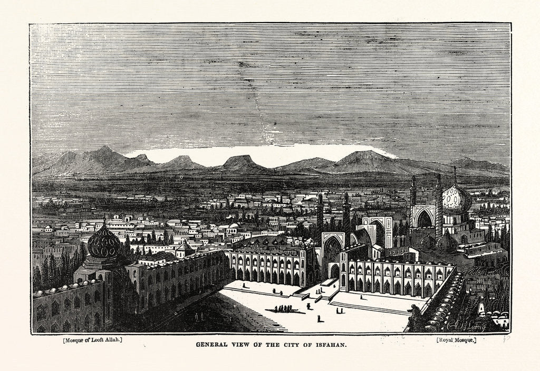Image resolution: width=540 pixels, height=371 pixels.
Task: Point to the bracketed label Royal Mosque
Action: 456,340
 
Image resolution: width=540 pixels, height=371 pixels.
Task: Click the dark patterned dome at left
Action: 104,243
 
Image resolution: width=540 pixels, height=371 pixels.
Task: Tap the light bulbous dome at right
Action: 457,199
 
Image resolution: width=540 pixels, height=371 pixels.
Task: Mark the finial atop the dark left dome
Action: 104,220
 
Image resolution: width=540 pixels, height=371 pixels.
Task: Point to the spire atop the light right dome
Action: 455,174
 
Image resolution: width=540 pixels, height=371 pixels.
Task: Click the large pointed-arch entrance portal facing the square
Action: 333,253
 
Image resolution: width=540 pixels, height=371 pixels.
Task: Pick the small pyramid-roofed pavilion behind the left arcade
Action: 185,248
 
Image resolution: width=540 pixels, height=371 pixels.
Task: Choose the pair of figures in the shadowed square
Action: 198,316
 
